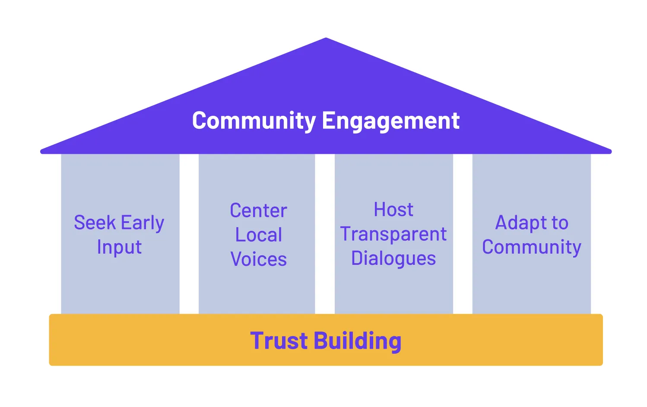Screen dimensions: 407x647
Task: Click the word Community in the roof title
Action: coord(254,121)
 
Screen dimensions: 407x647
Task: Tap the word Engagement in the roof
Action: coord(390,121)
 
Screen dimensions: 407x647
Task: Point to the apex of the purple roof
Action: coord(326,39)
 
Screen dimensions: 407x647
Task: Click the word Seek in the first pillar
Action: coord(95,223)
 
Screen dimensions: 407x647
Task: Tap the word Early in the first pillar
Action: coord(143,223)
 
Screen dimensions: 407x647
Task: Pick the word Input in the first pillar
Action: coord(119,247)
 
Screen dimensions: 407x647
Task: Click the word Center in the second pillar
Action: coord(258,211)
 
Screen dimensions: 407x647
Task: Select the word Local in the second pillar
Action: coord(258,235)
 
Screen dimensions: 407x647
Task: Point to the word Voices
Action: coord(258,259)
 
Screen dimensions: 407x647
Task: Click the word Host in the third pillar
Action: coord(393,210)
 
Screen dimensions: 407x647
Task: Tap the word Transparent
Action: coord(393,234)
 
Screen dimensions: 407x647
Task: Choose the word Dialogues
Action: coord(393,258)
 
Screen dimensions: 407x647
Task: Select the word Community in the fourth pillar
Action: coord(532,247)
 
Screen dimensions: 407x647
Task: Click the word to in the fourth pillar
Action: coord(560,223)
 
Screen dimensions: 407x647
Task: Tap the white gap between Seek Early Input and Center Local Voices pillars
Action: coord(189,233)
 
